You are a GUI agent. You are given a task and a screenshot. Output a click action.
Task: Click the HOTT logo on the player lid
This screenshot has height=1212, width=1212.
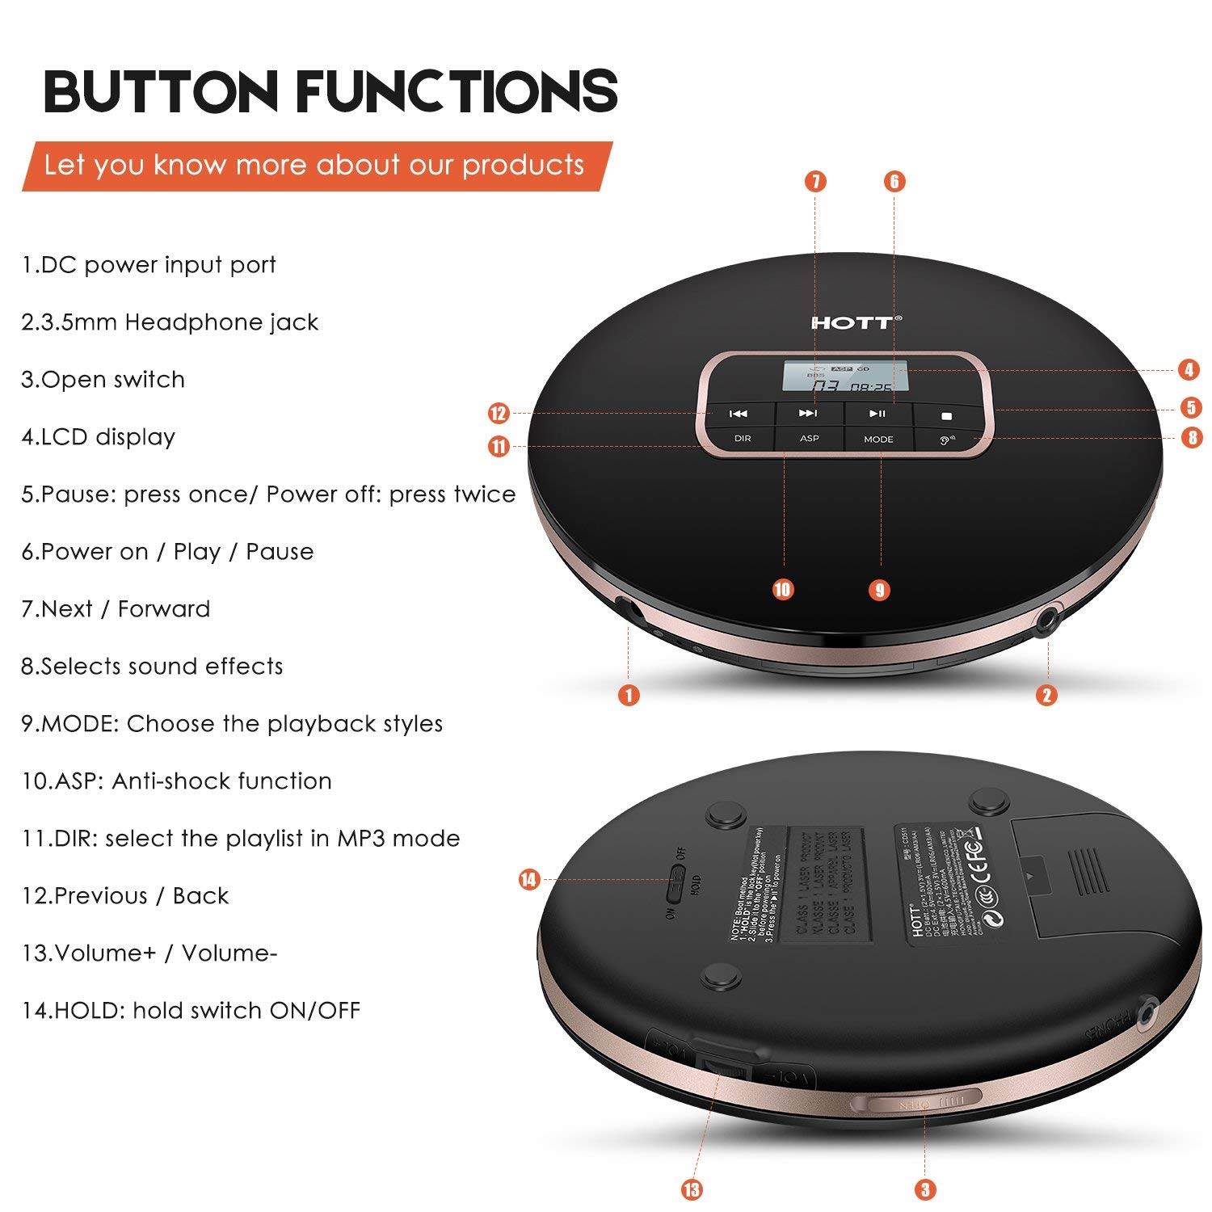pos(856,322)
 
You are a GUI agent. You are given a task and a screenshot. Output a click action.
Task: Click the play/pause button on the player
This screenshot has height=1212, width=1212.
pos(877,414)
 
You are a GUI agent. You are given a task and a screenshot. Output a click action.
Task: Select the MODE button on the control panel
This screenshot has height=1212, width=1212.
pos(878,439)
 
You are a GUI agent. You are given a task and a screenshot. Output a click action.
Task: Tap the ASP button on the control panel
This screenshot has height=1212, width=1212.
pos(809,438)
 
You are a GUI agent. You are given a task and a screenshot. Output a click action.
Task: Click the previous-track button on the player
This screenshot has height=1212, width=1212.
pos(739,414)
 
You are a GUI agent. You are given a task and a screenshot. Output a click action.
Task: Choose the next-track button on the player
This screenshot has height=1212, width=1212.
pos(808,413)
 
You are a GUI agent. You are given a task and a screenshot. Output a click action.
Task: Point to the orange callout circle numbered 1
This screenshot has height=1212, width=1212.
pos(629,694)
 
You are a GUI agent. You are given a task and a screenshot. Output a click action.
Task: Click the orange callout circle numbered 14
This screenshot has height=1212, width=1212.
pos(529,879)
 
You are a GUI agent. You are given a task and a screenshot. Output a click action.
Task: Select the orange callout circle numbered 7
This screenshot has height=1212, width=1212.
pos(815,181)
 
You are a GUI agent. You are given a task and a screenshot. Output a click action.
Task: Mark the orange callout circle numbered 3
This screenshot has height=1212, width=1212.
pos(925,1189)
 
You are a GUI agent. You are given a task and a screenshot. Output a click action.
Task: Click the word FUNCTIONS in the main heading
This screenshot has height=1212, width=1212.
pos(457,90)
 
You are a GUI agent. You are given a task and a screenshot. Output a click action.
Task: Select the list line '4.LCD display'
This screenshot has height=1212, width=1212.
pos(99,437)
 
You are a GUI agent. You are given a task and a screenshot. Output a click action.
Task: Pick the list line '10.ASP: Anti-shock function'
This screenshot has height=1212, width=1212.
pos(177,781)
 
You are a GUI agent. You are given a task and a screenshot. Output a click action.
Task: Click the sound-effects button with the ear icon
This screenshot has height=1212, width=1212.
pos(947,440)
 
